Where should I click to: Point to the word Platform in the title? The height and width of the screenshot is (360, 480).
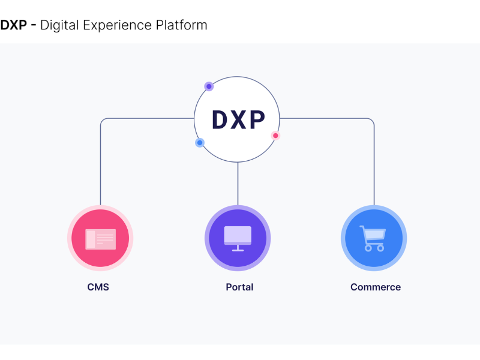tap(181, 25)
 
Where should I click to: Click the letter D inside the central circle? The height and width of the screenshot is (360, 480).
tap(220, 120)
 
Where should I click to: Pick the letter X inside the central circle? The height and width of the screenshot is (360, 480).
tap(238, 120)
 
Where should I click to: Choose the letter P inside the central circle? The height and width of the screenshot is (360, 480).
tap(256, 120)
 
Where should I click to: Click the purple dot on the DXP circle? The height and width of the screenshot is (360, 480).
tap(209, 86)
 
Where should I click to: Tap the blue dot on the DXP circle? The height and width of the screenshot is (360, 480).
tap(200, 143)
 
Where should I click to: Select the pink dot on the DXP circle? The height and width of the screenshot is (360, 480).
tap(275, 136)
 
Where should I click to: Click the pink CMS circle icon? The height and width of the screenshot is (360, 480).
tap(100, 238)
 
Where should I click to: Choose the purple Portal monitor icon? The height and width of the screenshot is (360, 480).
tap(238, 238)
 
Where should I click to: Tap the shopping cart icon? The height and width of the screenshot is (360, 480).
tap(373, 238)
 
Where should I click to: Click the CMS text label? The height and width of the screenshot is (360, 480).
tap(98, 287)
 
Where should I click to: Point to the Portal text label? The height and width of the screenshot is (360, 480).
tap(239, 287)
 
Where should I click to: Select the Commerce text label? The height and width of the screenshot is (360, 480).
tap(376, 287)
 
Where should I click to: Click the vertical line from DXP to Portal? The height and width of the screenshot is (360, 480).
tap(238, 184)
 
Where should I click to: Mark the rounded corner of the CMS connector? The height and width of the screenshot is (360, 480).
tap(103, 121)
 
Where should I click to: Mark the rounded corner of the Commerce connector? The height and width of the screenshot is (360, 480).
tap(371, 121)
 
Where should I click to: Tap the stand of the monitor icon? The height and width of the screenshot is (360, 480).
tap(238, 248)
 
